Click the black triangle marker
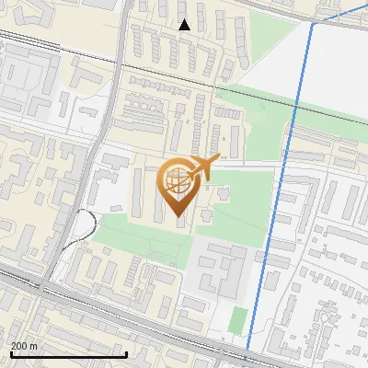(x=185, y=25)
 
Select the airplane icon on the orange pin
(x=203, y=167)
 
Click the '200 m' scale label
(x=24, y=346)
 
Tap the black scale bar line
(x=68, y=354)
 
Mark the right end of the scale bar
(x=126, y=354)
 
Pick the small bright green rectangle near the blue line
(x=238, y=320)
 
